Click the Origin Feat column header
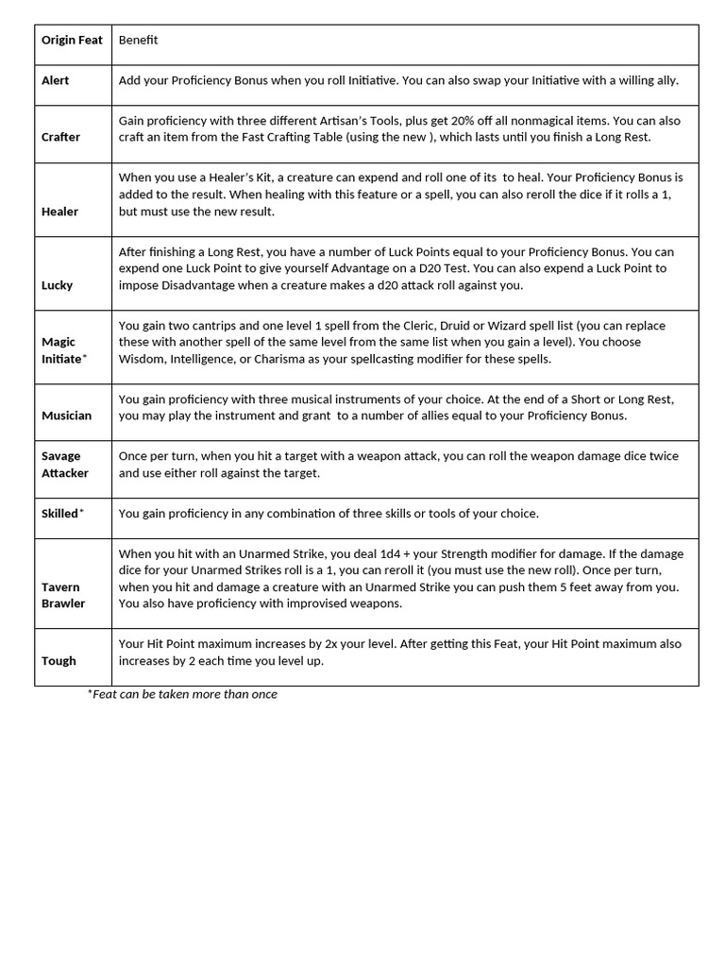pyautogui.click(x=72, y=41)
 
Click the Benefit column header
pyautogui.click(x=138, y=41)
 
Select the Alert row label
pyautogui.click(x=56, y=80)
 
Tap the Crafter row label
pyautogui.click(x=60, y=137)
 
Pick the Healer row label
pyautogui.click(x=59, y=212)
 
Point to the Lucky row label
pyautogui.click(x=57, y=285)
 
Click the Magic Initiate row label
pyautogui.click(x=61, y=350)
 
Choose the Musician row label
pyautogui.click(x=66, y=416)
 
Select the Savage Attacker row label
pyautogui.click(x=64, y=465)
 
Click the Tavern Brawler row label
pyautogui.click(x=62, y=595)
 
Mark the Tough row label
pyautogui.click(x=59, y=661)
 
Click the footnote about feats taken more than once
pyautogui.click(x=183, y=694)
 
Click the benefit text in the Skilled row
pyautogui.click(x=329, y=514)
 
